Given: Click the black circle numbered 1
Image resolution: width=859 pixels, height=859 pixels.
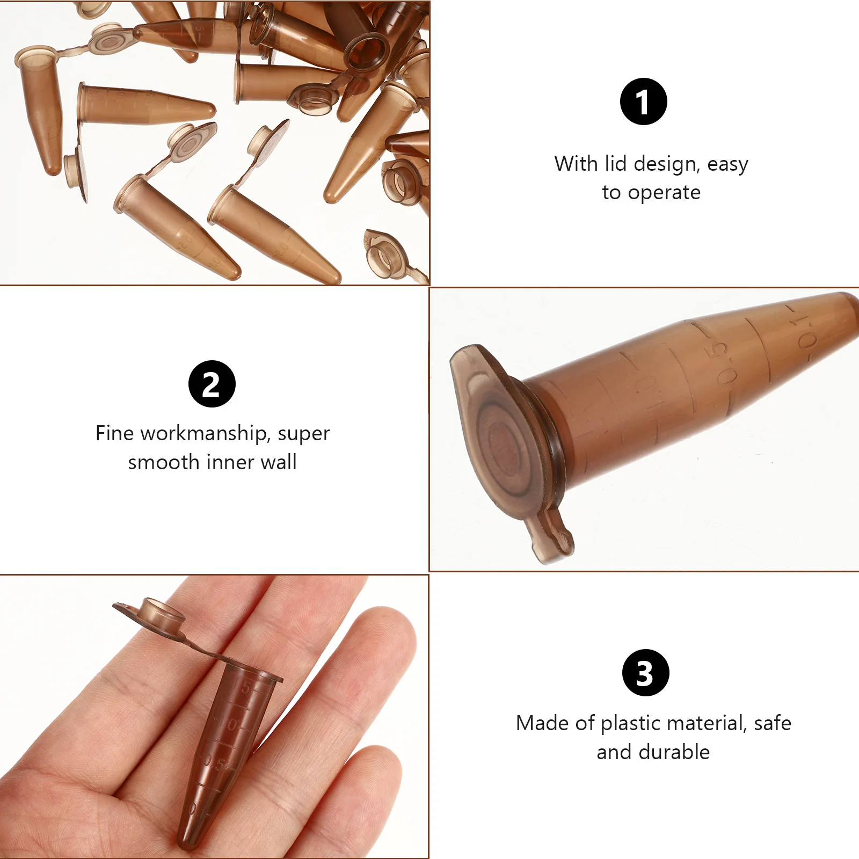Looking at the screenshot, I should tap(643, 101).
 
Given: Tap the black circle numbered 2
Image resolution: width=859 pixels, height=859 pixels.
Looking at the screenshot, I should tap(212, 384).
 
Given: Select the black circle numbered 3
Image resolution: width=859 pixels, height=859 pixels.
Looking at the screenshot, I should tap(645, 673).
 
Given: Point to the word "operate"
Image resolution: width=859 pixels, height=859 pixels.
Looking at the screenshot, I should tap(664, 192).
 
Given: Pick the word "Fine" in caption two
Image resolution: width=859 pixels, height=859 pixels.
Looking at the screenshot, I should tap(114, 433).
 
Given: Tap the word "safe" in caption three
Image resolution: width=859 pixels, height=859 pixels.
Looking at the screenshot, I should tap(773, 723).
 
